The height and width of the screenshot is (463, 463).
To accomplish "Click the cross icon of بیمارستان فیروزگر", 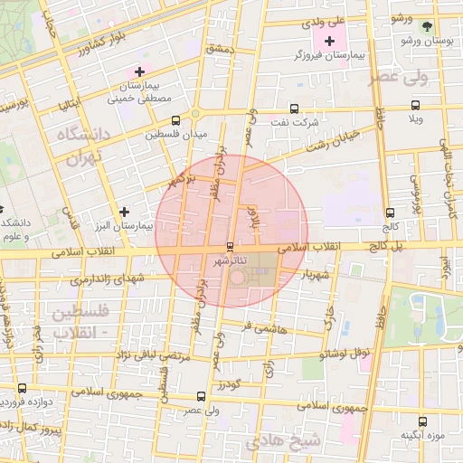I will click(x=329, y=41).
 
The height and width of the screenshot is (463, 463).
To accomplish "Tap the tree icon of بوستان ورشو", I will click(x=428, y=25).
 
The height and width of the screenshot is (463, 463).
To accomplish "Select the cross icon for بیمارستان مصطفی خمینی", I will click(x=138, y=71).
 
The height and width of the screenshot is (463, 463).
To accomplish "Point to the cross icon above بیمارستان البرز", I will click(x=124, y=211).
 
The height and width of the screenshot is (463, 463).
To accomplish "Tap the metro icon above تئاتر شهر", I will click(x=231, y=246).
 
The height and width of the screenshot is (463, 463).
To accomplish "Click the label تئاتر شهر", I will click(x=231, y=261).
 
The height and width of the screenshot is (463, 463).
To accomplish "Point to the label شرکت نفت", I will click(x=296, y=121).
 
